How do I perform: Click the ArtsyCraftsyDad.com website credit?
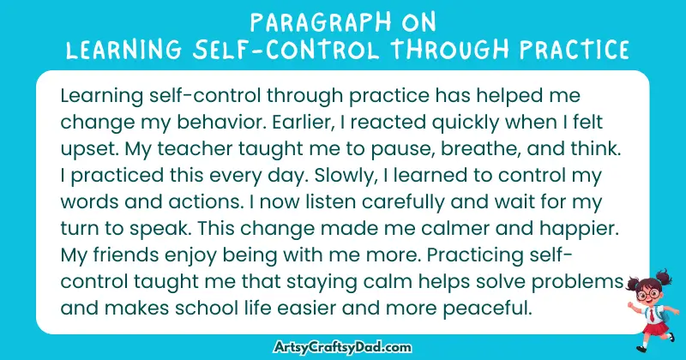(x=343, y=347)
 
